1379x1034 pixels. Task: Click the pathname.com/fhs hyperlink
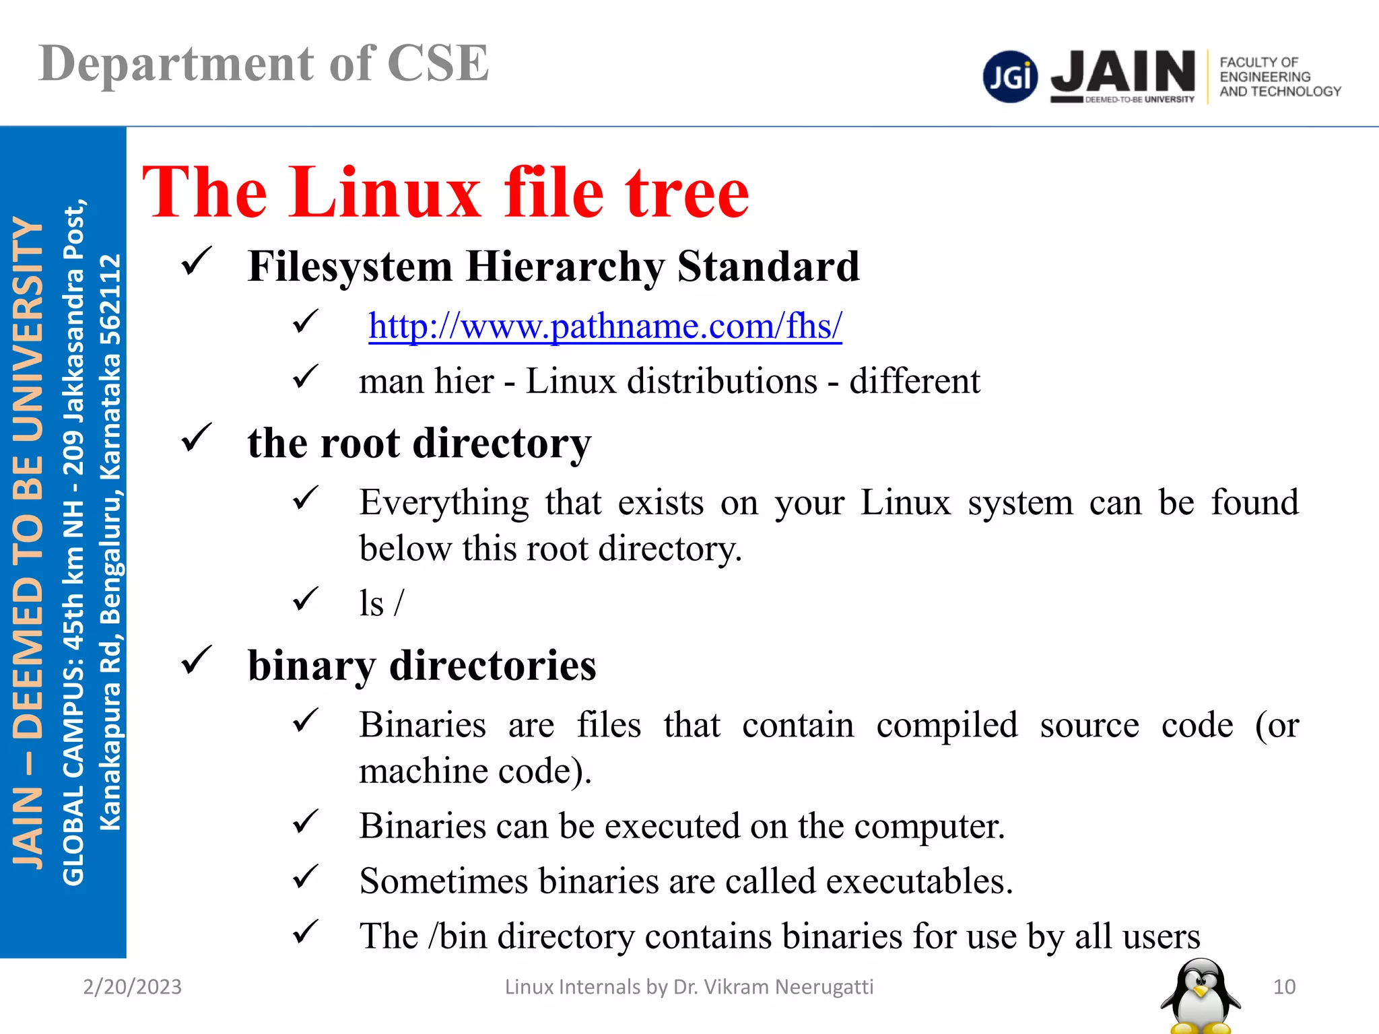pyautogui.click(x=605, y=326)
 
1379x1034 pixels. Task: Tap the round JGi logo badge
pyautogui.click(x=1010, y=77)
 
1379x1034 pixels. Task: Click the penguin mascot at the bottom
pyautogui.click(x=1201, y=996)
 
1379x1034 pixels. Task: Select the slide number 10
pyautogui.click(x=1284, y=987)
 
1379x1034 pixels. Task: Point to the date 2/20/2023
pyautogui.click(x=132, y=987)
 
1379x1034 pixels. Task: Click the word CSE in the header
pyautogui.click(x=438, y=64)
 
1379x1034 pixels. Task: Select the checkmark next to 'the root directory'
pyautogui.click(x=197, y=438)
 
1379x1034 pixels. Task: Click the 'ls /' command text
pyautogui.click(x=381, y=603)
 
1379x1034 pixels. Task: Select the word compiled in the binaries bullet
pyautogui.click(x=947, y=726)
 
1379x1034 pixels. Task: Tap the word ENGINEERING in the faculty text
pyautogui.click(x=1265, y=77)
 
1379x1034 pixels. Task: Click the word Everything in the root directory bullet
pyautogui.click(x=444, y=503)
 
